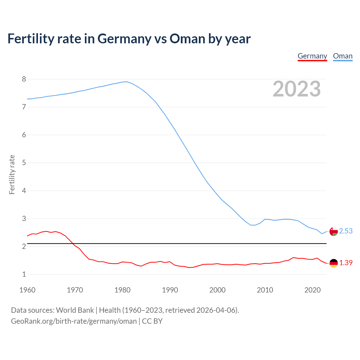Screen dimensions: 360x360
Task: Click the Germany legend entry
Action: (312, 56)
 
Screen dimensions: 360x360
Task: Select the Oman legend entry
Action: (343, 56)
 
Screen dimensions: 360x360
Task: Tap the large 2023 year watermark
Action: (296, 89)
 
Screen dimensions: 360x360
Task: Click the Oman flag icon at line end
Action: (333, 231)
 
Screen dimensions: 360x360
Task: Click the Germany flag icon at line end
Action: (333, 263)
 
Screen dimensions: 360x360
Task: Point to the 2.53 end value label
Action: (346, 231)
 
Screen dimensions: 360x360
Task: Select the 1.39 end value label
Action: (346, 263)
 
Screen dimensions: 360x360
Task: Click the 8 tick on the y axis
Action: (24, 79)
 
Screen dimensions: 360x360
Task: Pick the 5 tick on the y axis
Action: (24, 163)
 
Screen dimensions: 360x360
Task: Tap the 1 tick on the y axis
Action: (24, 274)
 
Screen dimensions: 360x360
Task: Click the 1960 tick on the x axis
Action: (27, 290)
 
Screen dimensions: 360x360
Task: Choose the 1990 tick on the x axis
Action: (170, 290)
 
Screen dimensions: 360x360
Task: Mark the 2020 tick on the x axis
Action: (312, 290)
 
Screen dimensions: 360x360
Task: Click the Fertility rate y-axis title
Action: (12, 174)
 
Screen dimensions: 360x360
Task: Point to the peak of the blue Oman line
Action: (127, 82)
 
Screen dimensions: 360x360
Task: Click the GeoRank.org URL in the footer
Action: (74, 321)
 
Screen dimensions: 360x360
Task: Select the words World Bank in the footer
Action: (75, 310)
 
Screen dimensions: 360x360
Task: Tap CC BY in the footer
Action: (152, 321)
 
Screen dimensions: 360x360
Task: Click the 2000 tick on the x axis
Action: (217, 290)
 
